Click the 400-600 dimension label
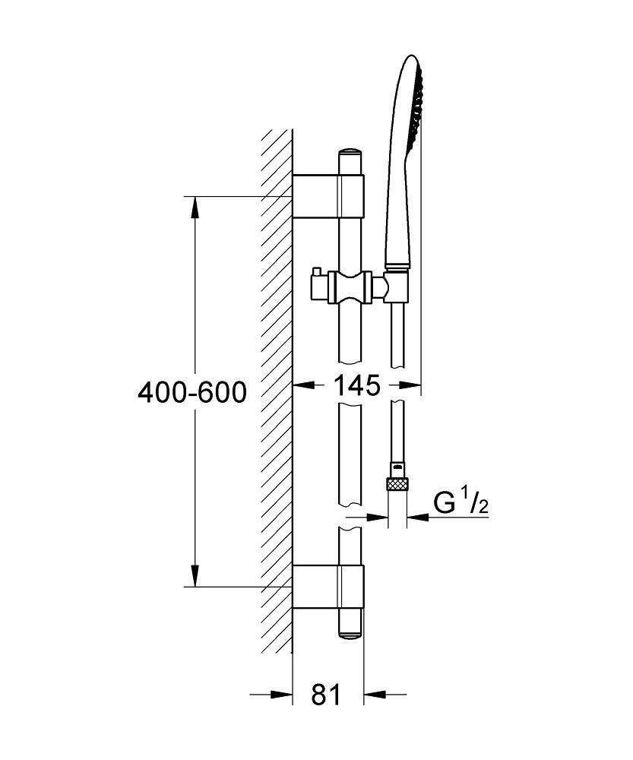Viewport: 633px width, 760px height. (191, 392)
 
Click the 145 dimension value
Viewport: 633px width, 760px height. (356, 386)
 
